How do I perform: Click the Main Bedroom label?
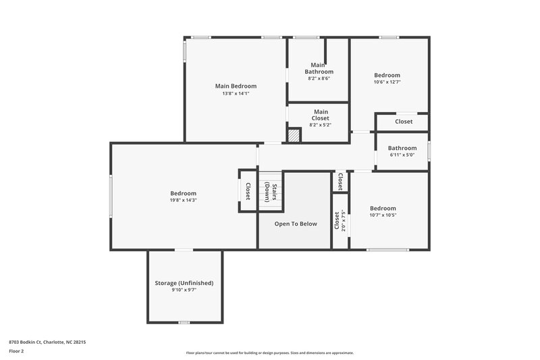coord(236,86)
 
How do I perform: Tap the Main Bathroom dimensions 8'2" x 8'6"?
coord(319,79)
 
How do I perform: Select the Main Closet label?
coord(320,115)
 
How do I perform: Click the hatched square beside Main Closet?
coord(294,135)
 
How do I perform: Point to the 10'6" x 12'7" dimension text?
coord(387,82)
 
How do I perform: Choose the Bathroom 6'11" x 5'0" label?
coord(402,148)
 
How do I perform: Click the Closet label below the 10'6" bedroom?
coord(404,122)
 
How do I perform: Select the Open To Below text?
coord(296,224)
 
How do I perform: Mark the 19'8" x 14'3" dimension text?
coord(183,200)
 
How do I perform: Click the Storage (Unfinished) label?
coord(184,283)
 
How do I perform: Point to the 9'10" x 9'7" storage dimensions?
coord(184,290)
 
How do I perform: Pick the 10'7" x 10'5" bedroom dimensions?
coord(383,215)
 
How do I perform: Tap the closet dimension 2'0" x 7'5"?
coord(344,220)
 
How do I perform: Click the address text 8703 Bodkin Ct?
coord(47,342)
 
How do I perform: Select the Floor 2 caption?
coord(16,351)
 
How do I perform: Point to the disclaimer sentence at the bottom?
coord(270,353)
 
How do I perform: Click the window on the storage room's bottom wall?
coord(183,322)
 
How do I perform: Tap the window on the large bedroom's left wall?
coord(111,197)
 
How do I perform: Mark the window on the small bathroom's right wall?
coord(429,149)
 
